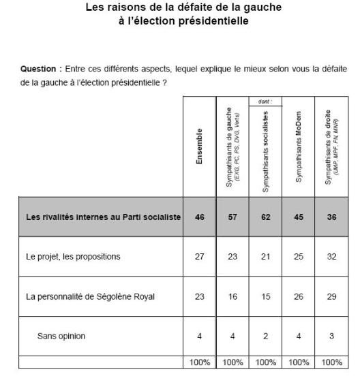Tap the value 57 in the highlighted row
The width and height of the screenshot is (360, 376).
(x=232, y=217)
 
